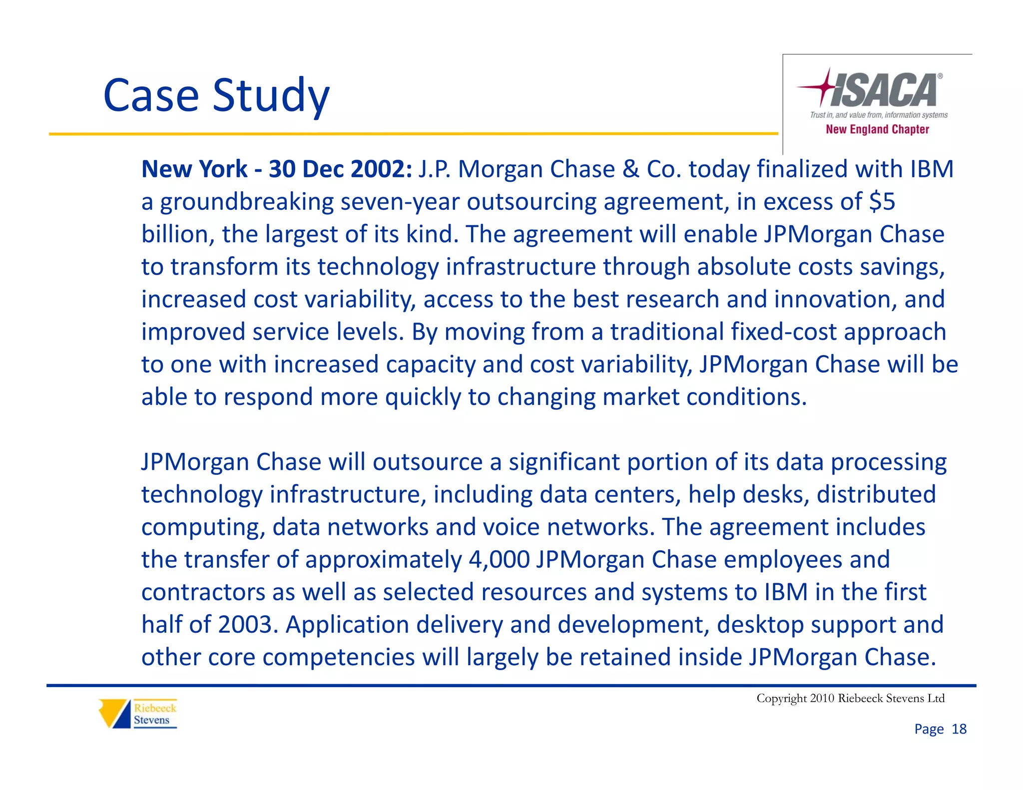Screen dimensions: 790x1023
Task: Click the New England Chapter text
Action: click(x=877, y=129)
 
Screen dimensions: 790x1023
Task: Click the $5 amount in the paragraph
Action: click(x=882, y=202)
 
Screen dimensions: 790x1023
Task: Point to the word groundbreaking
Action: click(x=247, y=202)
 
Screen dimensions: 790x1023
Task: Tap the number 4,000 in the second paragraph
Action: click(x=499, y=559)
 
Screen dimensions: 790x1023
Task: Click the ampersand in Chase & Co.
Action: click(x=631, y=169)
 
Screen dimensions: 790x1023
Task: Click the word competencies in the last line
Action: click(x=338, y=657)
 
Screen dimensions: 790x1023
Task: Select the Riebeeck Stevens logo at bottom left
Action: click(x=138, y=714)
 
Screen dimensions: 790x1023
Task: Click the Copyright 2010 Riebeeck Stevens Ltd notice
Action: click(x=850, y=698)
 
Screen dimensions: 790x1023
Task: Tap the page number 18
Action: click(x=959, y=729)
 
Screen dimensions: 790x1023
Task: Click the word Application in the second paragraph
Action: click(x=347, y=625)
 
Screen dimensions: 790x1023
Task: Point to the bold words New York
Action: click(x=194, y=169)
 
